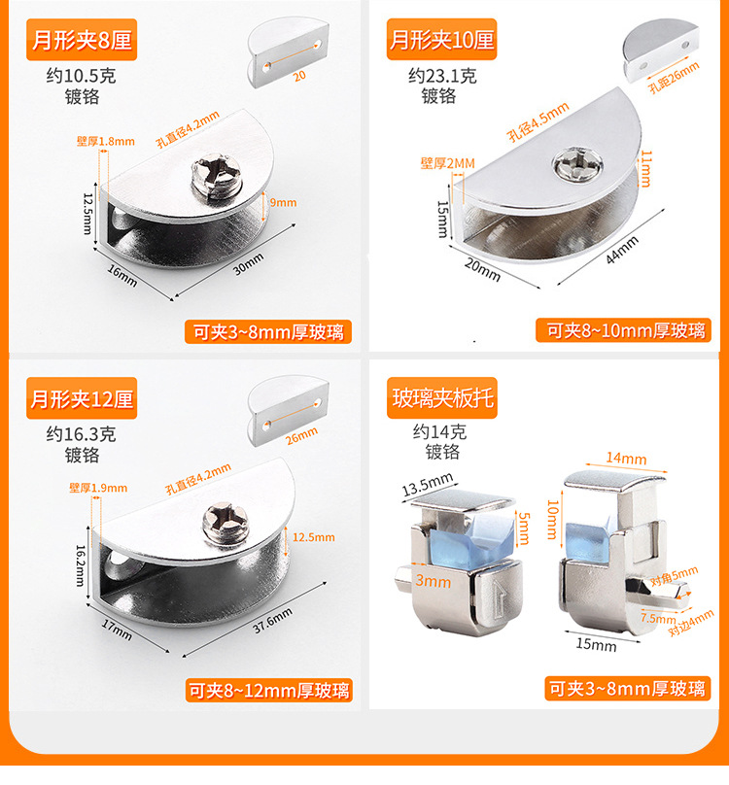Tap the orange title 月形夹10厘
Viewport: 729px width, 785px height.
442,41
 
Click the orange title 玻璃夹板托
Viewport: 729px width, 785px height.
442,399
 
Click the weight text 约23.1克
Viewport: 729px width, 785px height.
442,76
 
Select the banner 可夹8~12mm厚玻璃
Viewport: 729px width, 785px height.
268,691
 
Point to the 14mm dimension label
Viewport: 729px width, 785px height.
626,459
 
